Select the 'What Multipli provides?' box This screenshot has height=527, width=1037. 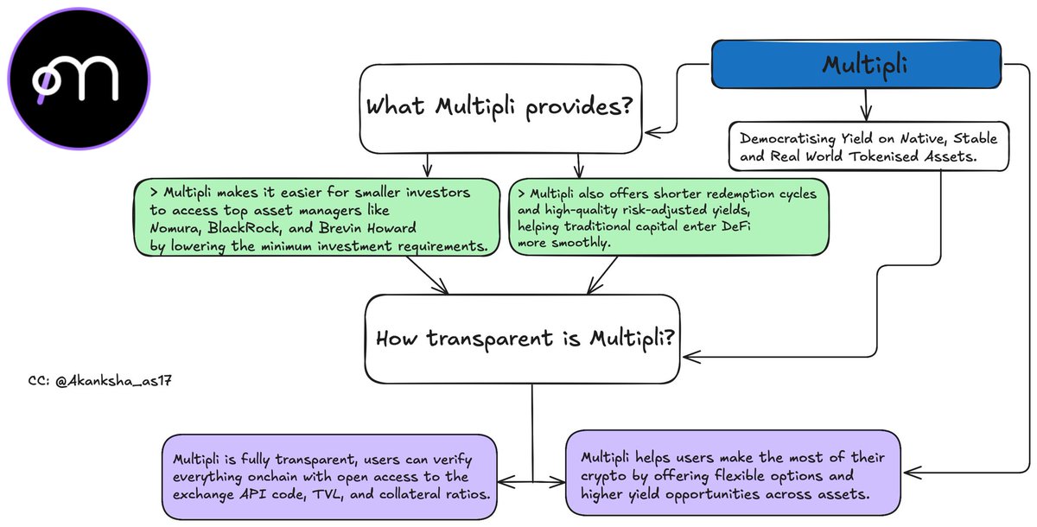click(501, 108)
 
